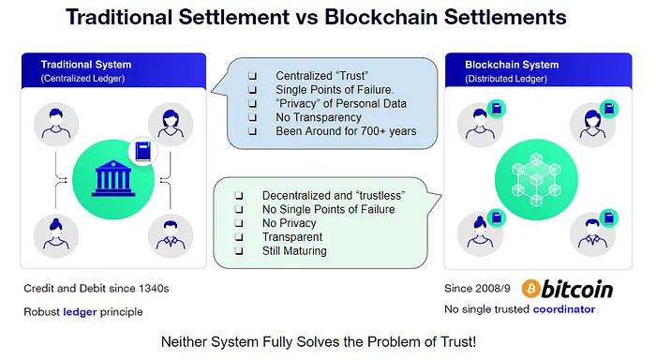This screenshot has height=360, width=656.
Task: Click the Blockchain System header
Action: (x=512, y=65)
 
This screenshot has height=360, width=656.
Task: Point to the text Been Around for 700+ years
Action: (x=345, y=131)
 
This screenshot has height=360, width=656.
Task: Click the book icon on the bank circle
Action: (x=142, y=151)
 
